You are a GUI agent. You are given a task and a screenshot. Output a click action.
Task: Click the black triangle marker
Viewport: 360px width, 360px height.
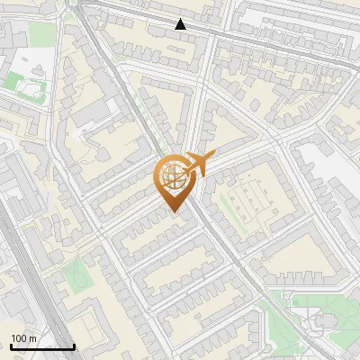[181, 24]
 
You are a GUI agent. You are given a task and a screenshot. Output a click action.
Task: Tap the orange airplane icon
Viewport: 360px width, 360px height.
[197, 165]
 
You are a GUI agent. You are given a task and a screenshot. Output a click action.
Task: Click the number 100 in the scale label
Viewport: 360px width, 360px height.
[19, 338]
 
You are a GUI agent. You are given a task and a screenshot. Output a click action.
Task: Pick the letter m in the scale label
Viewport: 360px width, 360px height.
[33, 338]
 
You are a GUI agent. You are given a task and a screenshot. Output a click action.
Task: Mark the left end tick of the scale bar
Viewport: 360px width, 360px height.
[11, 346]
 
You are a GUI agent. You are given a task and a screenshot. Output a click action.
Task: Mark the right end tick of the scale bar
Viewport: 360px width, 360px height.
[74, 346]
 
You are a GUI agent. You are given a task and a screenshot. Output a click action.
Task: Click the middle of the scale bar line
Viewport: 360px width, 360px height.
[42, 347]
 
